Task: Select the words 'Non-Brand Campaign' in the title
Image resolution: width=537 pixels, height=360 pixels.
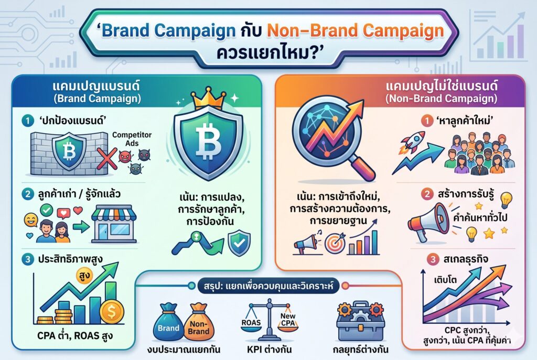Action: pos(355,31)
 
